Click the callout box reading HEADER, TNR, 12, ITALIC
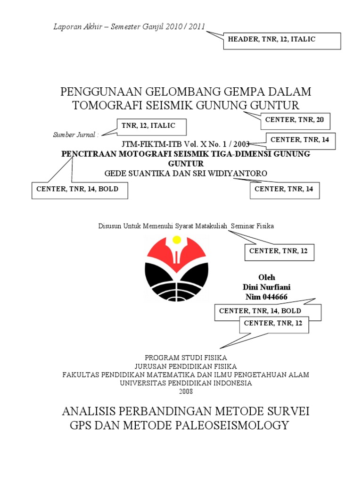pos(282,41)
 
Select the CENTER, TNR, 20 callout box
pos(295,121)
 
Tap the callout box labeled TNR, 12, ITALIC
pos(152,126)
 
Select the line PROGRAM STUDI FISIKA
pos(186,358)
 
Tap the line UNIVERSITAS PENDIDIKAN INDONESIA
pos(186,383)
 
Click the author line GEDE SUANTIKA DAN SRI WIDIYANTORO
pos(185,174)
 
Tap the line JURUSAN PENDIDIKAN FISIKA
pos(186,366)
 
